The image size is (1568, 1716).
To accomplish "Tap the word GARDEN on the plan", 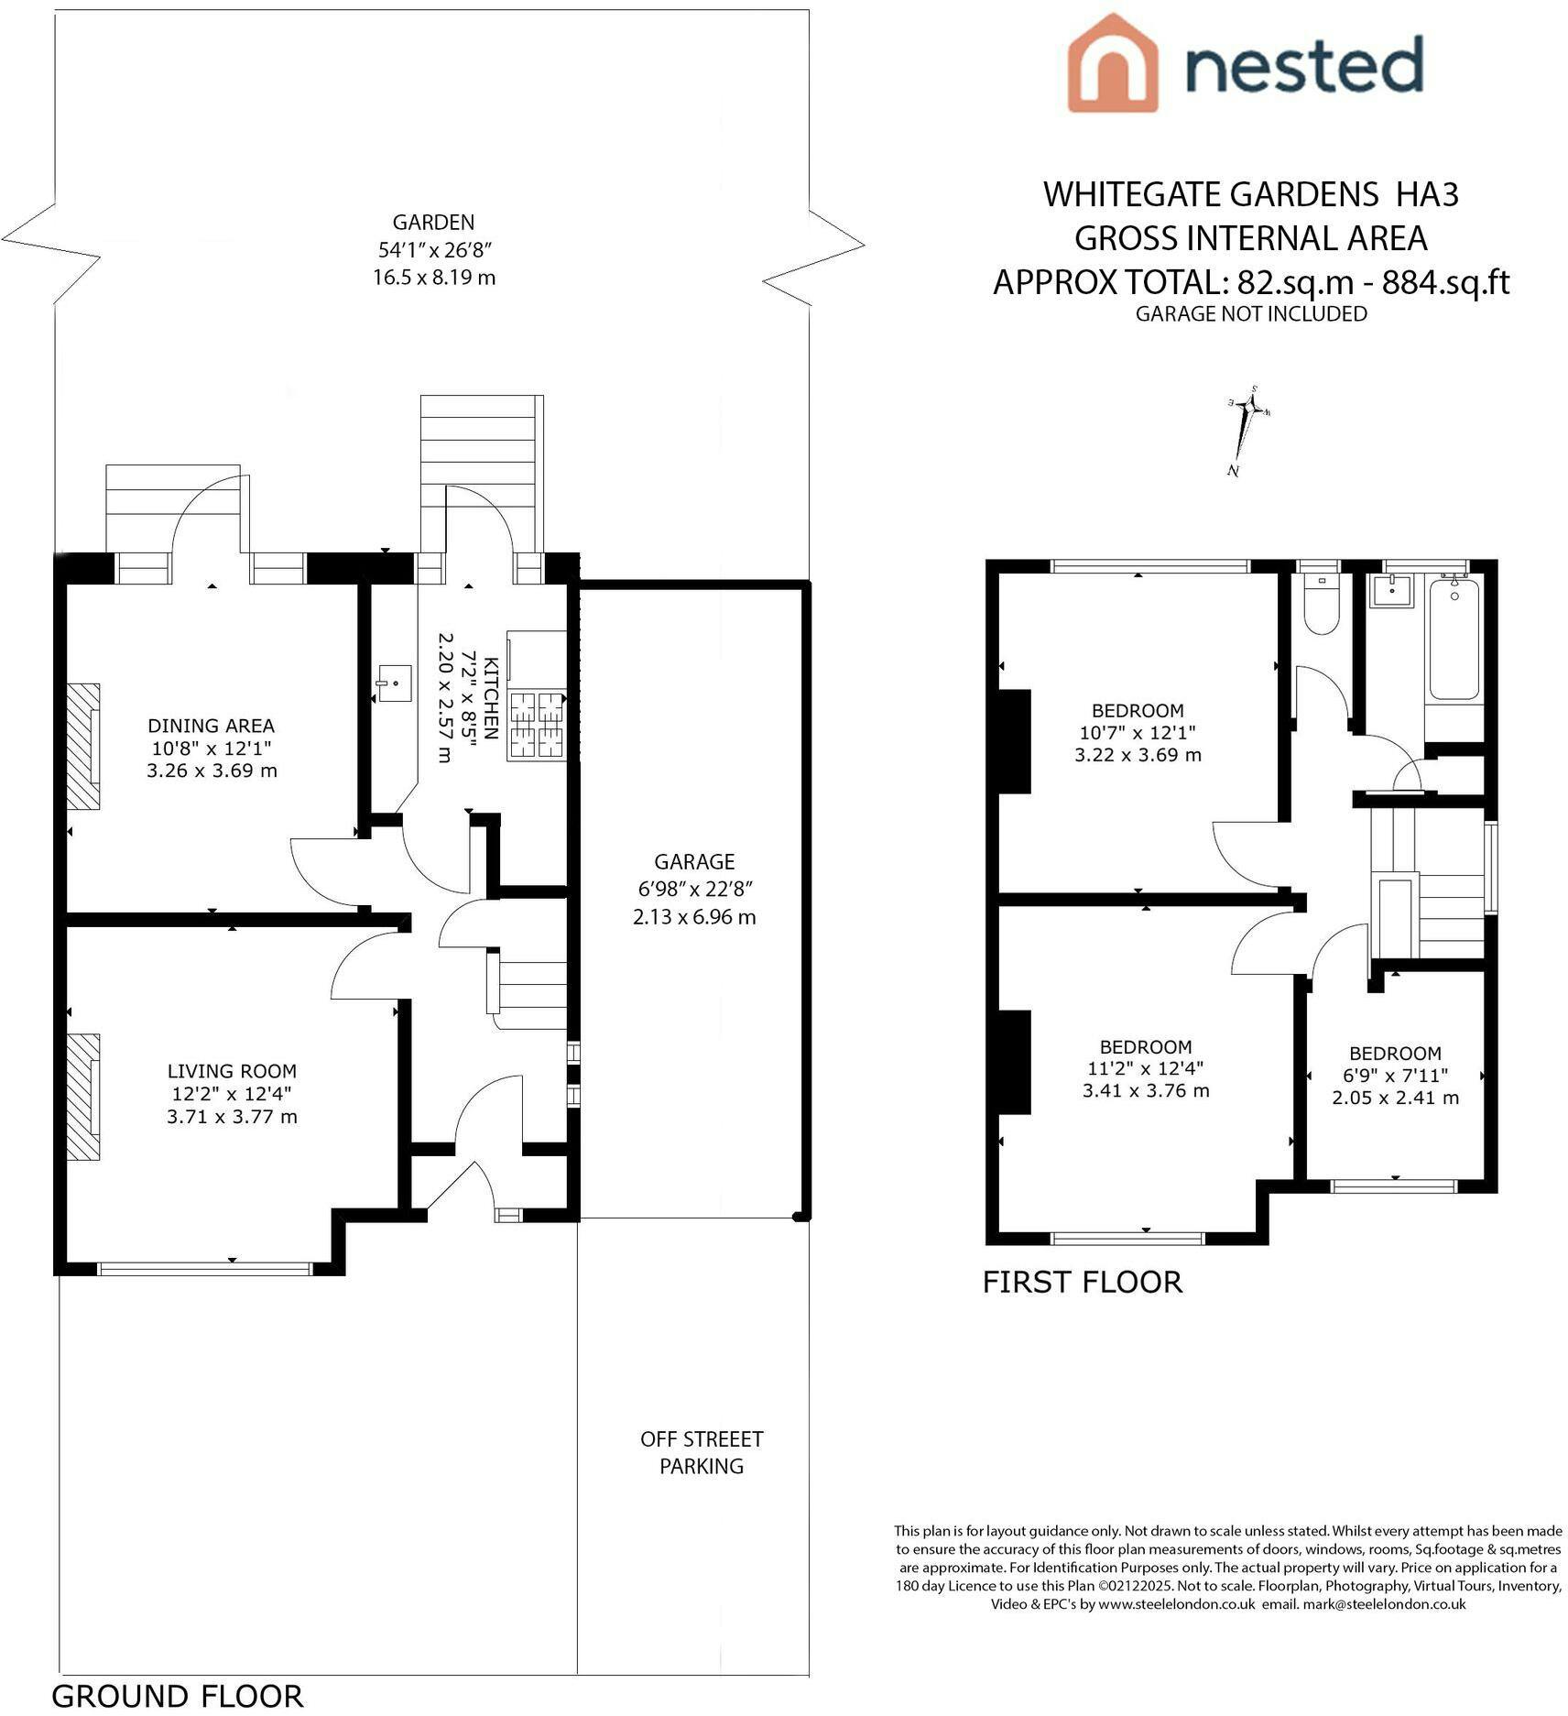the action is [433, 223].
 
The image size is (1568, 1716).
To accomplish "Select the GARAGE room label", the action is [694, 862].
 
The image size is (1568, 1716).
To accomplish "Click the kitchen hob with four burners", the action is [538, 725].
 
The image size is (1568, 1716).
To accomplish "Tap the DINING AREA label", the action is [211, 727].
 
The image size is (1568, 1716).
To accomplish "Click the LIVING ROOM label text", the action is [232, 1071].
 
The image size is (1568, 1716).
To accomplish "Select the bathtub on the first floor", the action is [1454, 639].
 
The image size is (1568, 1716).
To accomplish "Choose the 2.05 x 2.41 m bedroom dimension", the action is [1395, 1098].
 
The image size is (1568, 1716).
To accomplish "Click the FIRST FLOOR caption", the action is [1082, 1282].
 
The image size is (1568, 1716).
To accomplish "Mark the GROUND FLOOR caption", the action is [177, 1697].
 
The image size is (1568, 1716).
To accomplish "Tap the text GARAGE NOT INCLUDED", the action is [1251, 314].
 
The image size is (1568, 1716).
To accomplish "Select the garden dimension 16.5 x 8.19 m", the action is [434, 278].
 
